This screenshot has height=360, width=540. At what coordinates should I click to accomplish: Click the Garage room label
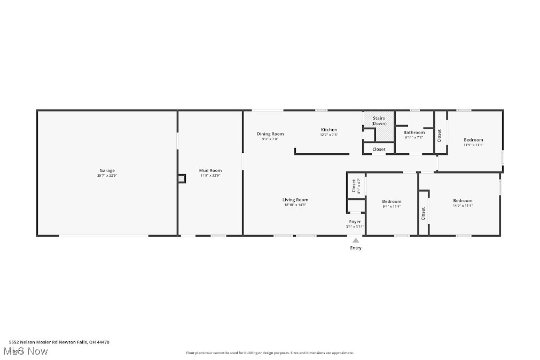pos(107,170)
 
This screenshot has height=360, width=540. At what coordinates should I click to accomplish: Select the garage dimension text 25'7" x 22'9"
pos(107,175)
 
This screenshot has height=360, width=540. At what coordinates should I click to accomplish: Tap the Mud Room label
pos(210,170)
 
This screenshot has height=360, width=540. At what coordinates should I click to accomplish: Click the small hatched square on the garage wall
pos(182,179)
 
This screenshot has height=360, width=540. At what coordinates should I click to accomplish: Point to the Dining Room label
pos(270,134)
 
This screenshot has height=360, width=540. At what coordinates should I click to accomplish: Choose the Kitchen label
pos(329,130)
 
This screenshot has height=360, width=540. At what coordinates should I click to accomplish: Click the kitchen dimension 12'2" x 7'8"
pos(329,135)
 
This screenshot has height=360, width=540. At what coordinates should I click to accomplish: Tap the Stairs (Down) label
pos(379,121)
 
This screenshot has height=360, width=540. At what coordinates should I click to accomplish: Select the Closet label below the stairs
pos(379,149)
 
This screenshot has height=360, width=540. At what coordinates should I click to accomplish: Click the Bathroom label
pos(414,132)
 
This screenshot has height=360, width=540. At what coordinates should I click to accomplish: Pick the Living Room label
pos(295,200)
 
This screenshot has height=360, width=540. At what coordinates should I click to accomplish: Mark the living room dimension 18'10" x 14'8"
pos(295,205)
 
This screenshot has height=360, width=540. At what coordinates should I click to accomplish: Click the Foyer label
pos(355,221)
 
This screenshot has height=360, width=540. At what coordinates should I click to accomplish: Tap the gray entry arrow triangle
pos(356,240)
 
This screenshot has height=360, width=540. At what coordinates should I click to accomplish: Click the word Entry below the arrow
pos(356,248)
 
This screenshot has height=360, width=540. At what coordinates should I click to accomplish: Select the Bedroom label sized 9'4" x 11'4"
pos(392,201)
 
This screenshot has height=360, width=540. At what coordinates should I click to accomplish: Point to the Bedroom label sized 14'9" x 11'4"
pos(463,200)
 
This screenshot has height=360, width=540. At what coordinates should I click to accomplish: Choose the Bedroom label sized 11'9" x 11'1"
pos(473,140)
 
